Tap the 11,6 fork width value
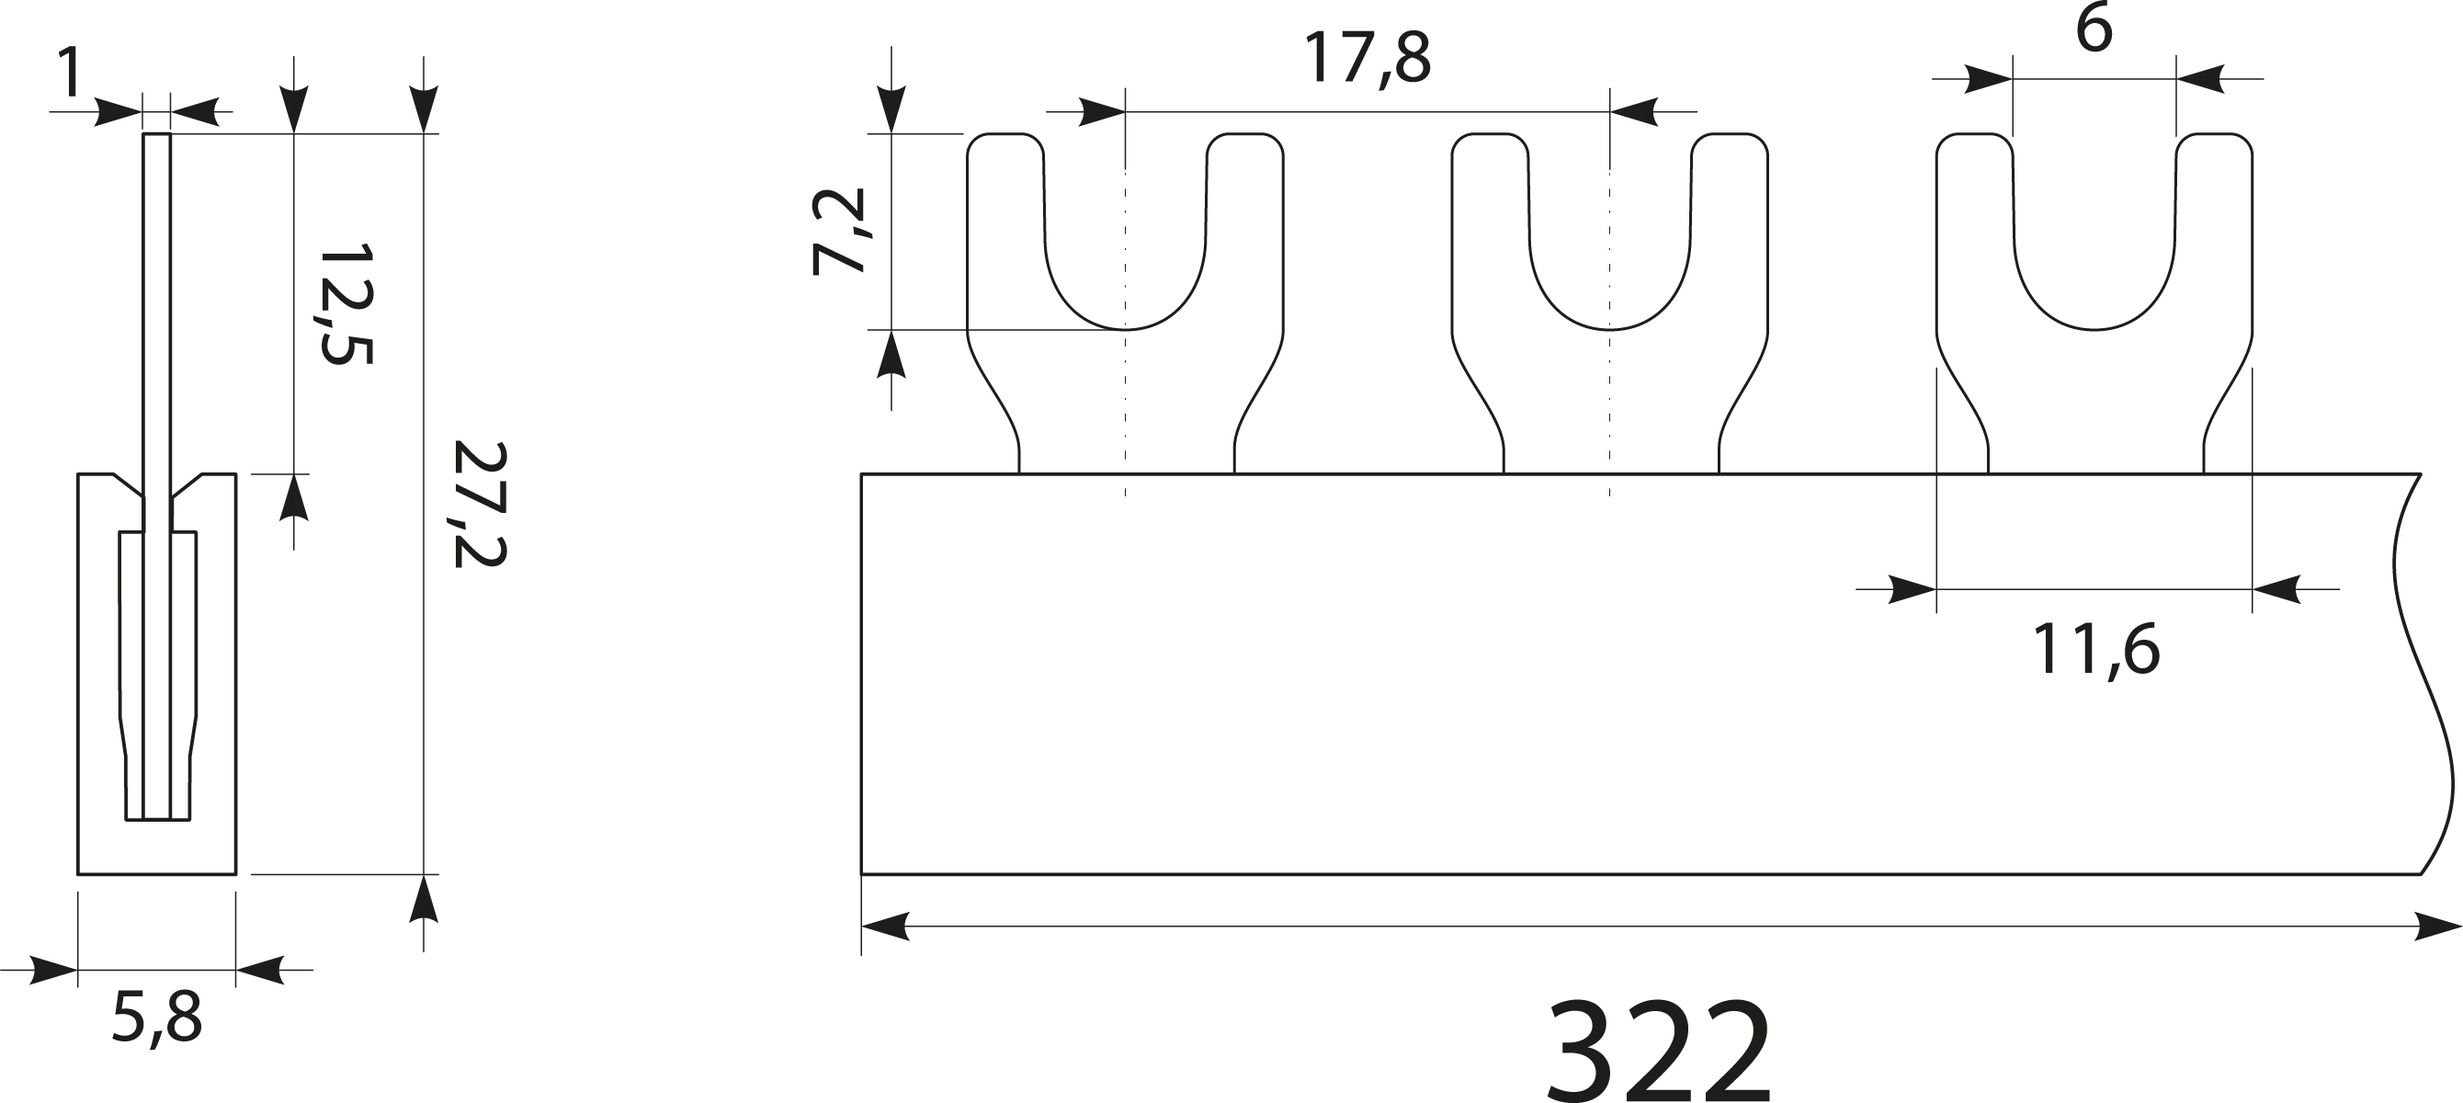point(2094,651)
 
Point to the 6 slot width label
point(2093,30)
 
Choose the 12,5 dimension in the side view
point(346,304)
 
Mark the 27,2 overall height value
point(478,506)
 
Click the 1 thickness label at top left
point(69,74)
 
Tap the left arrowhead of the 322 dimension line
point(883,926)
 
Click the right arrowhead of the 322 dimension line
point(2438,926)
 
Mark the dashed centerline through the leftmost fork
point(1126,402)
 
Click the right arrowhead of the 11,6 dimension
point(2276,589)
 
